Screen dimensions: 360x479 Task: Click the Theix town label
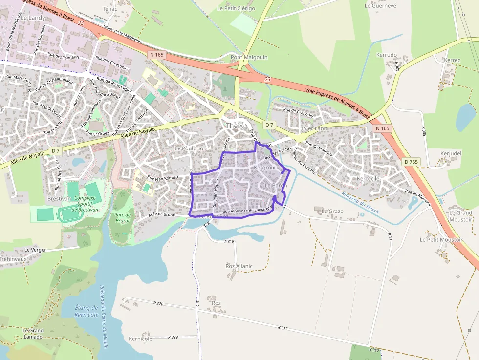coord(234,126)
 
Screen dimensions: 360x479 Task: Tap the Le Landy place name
coord(33,18)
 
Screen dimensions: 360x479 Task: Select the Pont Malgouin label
coord(249,57)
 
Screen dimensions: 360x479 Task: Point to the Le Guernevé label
coord(380,6)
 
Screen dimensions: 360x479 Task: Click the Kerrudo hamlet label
coord(386,55)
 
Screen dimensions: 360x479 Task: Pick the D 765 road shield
coord(411,162)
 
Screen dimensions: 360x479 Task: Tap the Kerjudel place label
coord(451,153)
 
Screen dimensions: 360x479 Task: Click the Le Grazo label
coord(332,212)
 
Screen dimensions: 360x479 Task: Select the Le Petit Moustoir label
coord(441,240)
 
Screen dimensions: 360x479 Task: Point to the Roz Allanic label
coord(239,266)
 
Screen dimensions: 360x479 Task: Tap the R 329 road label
coord(173,337)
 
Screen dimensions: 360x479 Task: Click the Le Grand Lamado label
coord(33,334)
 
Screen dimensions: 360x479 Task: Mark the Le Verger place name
coord(35,250)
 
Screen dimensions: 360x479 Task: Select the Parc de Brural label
coord(121,218)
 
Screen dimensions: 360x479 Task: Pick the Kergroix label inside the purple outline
coord(265,167)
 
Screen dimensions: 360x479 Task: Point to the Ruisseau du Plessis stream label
coord(361,201)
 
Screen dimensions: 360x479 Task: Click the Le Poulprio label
coord(189,148)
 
